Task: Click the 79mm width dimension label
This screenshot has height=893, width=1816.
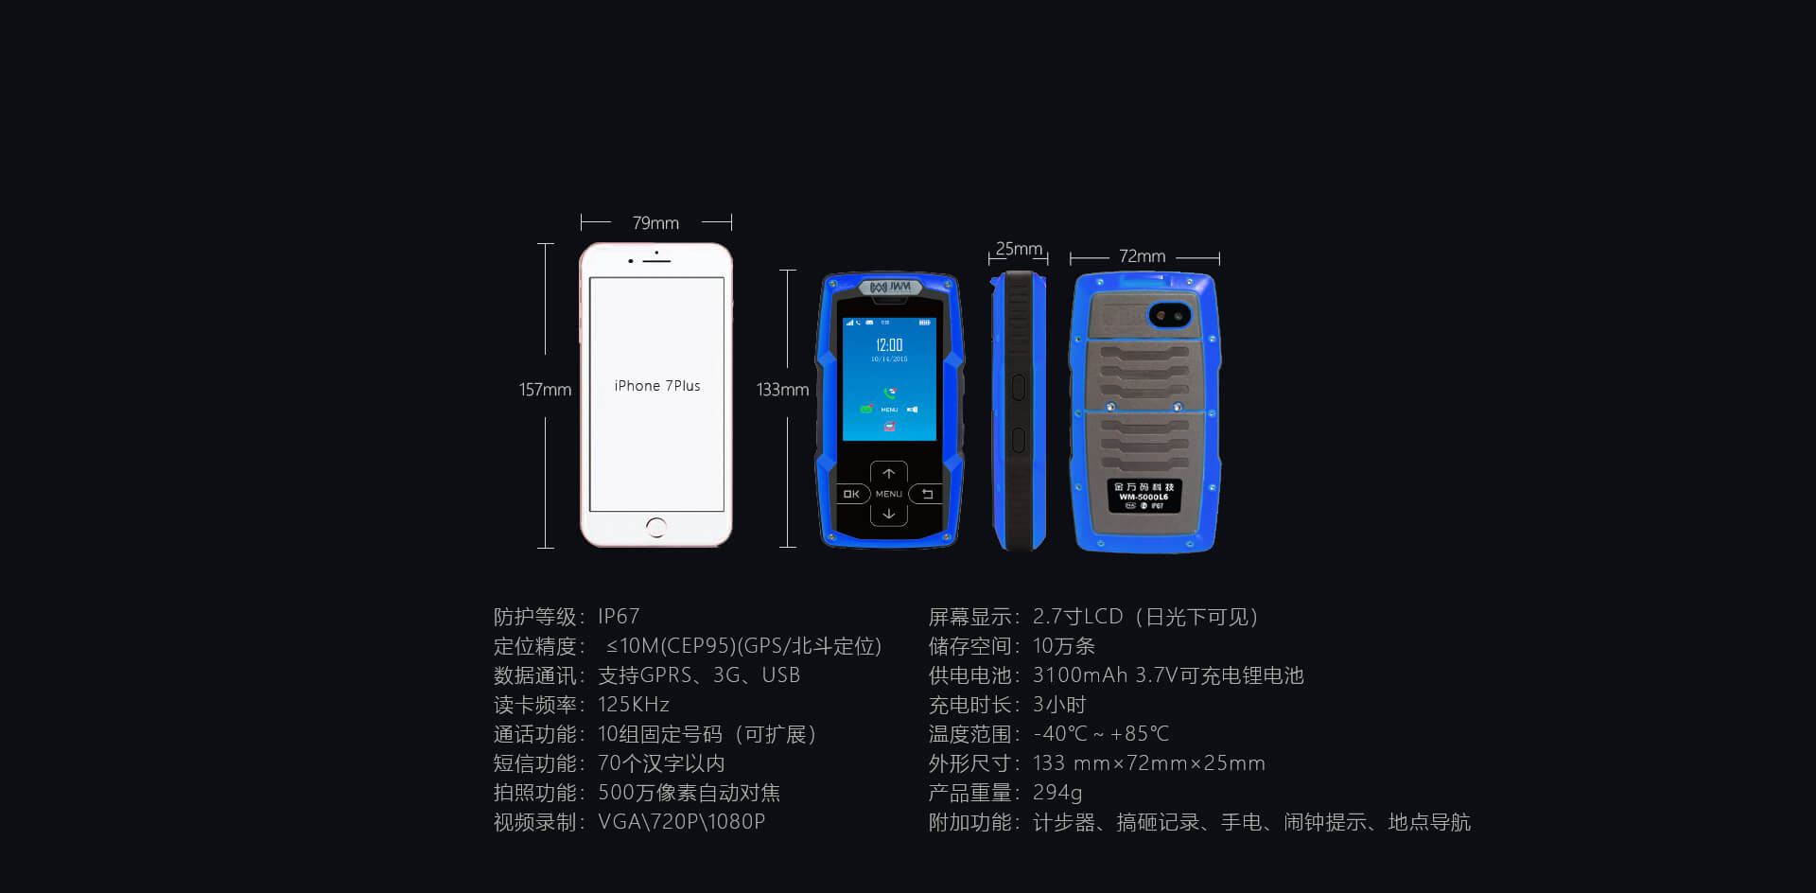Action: click(655, 223)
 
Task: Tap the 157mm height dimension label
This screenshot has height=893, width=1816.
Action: click(545, 390)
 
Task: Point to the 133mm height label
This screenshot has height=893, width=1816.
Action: click(782, 390)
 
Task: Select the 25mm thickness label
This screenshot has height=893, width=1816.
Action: click(1019, 249)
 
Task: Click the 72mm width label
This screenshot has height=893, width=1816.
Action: click(1142, 256)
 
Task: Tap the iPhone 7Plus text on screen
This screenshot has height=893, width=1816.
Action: click(657, 386)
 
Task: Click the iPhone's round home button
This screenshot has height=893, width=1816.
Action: click(656, 528)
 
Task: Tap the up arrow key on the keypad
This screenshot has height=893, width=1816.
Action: click(889, 473)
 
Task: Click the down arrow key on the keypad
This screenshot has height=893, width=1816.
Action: click(889, 515)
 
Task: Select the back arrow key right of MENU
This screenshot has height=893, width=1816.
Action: click(927, 494)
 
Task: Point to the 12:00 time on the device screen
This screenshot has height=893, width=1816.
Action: click(889, 345)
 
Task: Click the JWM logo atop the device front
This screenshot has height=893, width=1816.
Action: click(890, 287)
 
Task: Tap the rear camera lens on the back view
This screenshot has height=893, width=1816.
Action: click(1169, 315)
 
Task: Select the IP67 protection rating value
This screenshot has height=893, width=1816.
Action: click(619, 617)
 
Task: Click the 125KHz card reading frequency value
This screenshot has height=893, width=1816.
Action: click(634, 705)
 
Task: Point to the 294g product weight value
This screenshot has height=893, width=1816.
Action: click(1057, 793)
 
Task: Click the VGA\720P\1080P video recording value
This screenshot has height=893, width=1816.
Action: click(681, 822)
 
